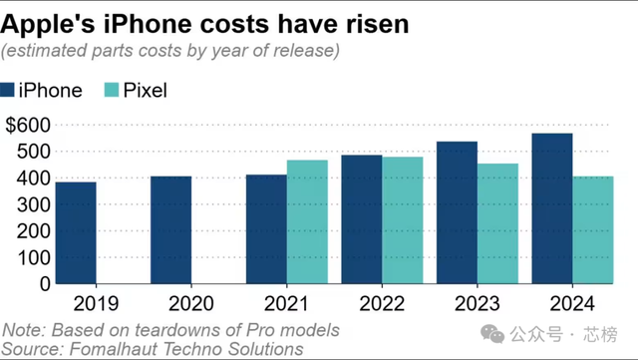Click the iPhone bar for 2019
click(x=76, y=232)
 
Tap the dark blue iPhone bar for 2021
click(x=266, y=228)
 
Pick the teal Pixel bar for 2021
click(x=307, y=221)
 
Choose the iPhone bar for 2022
click(x=362, y=218)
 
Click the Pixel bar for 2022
click(x=403, y=219)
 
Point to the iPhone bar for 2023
click(x=457, y=212)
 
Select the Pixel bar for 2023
click(x=497, y=223)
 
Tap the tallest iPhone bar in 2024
click(x=552, y=207)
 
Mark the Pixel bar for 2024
click(x=593, y=229)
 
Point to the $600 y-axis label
click(x=26, y=126)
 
